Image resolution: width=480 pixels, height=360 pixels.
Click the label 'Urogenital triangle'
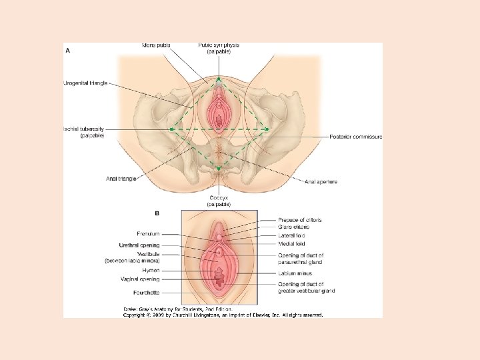pyautogui.click(x=85, y=83)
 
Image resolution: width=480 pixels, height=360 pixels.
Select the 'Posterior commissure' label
pyautogui.click(x=356, y=137)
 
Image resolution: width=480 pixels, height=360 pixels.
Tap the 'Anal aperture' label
pyautogui.click(x=321, y=181)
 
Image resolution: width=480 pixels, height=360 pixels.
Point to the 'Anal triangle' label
pyautogui.click(x=121, y=179)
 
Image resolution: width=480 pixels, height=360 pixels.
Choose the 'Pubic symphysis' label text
pyautogui.click(x=218, y=45)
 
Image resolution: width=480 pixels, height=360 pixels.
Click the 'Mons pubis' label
pyautogui.click(x=156, y=45)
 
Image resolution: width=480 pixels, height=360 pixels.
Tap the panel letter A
pyautogui.click(x=67, y=49)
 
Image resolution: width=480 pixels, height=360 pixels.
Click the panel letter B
pyautogui.click(x=157, y=213)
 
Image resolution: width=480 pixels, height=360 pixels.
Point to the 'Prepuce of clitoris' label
pyautogui.click(x=300, y=220)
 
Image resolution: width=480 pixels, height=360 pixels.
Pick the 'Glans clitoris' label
pyautogui.click(x=293, y=227)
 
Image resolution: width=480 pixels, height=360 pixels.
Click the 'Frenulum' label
pyautogui.click(x=148, y=235)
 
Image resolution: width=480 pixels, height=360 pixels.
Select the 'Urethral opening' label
pyautogui.click(x=139, y=245)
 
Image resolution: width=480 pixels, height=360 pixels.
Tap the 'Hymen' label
pyautogui.click(x=151, y=270)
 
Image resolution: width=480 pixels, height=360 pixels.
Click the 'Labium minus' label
pyautogui.click(x=296, y=273)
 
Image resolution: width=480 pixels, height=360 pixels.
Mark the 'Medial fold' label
pyautogui.click(x=291, y=244)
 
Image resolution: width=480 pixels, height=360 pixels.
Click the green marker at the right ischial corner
pyautogui.click(x=267, y=129)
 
